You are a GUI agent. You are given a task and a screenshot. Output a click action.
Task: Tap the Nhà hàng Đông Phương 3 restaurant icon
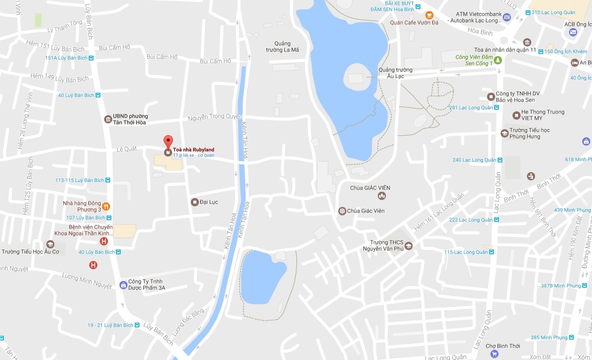click(x=106, y=206)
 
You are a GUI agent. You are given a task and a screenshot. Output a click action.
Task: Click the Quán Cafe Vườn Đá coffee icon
click(x=430, y=15)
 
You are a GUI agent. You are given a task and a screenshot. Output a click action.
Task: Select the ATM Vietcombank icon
click(x=506, y=17)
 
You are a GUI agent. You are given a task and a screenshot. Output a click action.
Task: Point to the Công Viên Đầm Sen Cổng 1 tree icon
click(x=498, y=60)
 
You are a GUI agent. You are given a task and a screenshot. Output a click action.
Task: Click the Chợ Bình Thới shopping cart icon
click(x=494, y=354)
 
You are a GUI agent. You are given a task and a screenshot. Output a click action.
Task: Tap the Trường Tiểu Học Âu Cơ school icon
click(x=50, y=244)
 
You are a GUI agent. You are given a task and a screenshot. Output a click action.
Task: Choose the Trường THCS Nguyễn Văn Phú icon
click(x=408, y=246)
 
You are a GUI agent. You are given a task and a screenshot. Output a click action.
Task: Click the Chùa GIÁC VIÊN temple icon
click(x=382, y=196)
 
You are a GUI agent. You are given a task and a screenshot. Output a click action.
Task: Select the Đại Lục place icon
click(x=195, y=202)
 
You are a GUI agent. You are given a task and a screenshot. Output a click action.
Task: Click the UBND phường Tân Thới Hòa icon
click(x=108, y=119)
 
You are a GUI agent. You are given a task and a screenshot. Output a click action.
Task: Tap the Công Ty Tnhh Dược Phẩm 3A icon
click(x=123, y=285)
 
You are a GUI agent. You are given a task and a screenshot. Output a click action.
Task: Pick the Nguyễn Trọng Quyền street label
click(x=215, y=116)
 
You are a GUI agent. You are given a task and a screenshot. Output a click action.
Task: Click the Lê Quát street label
click(x=127, y=149)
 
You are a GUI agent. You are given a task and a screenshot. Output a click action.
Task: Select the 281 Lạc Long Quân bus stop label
click(x=471, y=108)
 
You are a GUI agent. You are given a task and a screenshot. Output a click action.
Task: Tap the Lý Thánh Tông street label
click(x=65, y=26)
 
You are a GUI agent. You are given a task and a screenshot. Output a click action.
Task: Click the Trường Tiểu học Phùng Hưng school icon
click(x=504, y=133)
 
